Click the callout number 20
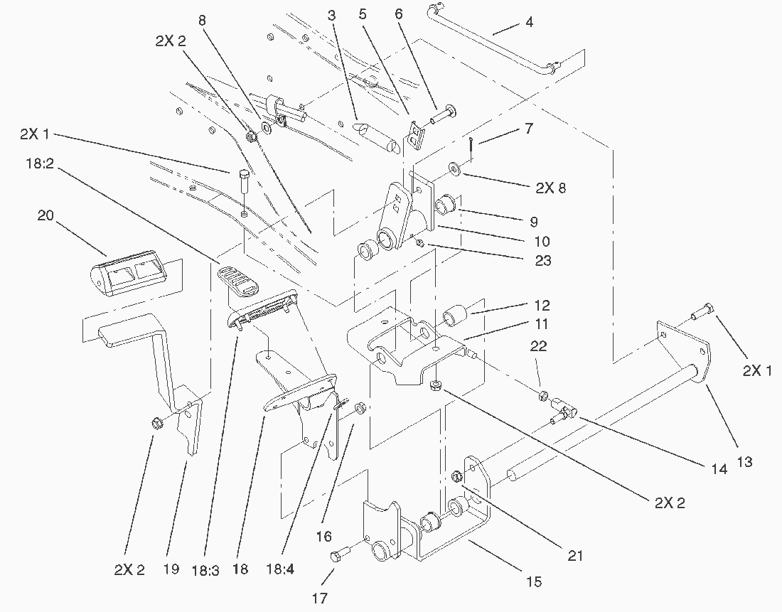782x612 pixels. (x=46, y=215)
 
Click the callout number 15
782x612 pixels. (x=535, y=582)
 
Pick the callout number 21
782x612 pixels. (x=574, y=556)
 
